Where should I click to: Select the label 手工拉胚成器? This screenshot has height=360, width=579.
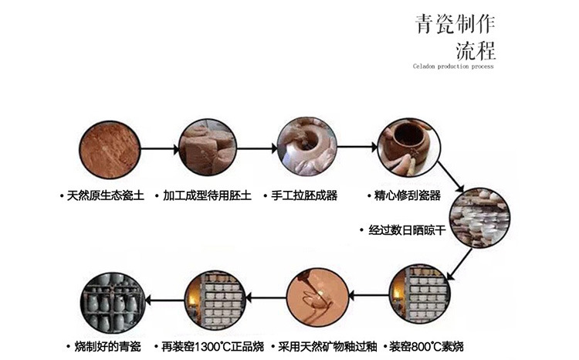(304, 195)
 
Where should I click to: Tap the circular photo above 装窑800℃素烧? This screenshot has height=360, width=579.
(419, 295)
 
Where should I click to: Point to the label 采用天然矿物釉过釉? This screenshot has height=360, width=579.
(319, 345)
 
